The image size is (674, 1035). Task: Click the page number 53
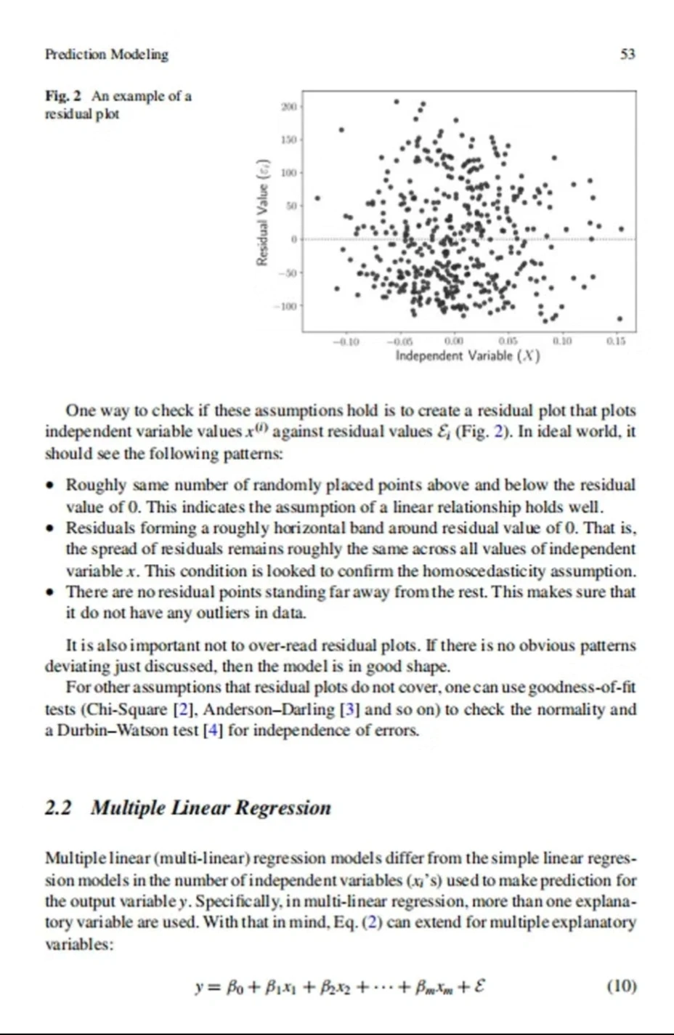tap(628, 54)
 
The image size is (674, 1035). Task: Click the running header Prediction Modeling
tap(106, 54)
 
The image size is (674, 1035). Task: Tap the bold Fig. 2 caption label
tap(64, 96)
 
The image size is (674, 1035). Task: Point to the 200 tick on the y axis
tap(288, 106)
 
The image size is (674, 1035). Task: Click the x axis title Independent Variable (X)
tap(467, 355)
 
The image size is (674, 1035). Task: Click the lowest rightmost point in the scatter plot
tap(620, 318)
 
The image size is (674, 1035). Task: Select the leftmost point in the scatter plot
tap(317, 197)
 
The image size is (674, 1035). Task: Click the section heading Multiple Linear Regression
tap(211, 808)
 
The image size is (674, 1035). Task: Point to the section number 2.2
tap(58, 808)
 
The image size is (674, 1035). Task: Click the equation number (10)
tap(621, 986)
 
